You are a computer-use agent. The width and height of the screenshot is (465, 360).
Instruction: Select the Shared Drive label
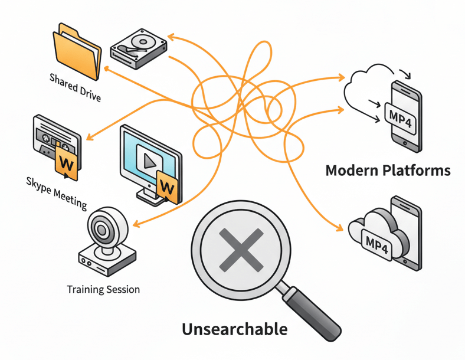[x=75, y=87]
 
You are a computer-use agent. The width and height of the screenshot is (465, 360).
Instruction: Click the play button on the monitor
[x=149, y=159]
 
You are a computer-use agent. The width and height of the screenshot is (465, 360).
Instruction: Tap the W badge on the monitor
[x=167, y=188]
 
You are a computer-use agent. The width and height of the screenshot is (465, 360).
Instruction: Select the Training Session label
[x=103, y=290]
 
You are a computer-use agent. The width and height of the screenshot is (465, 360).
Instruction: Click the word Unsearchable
[x=234, y=329]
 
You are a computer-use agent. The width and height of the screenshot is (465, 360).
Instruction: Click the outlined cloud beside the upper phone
[x=366, y=89]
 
